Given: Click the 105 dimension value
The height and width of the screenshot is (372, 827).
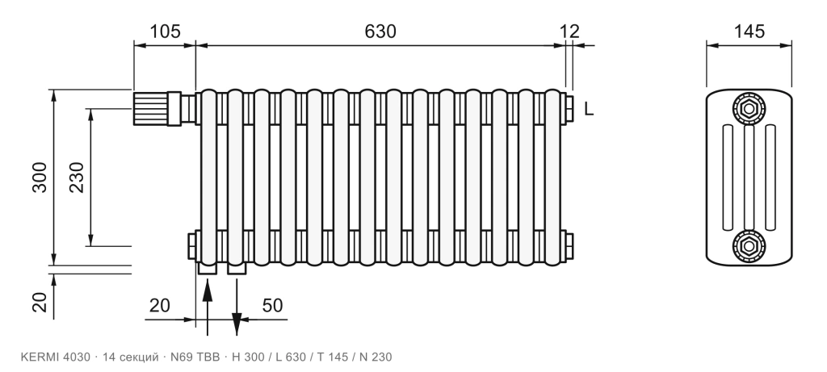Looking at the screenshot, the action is click(165, 31).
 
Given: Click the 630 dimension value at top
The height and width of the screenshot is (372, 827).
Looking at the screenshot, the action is click(380, 31).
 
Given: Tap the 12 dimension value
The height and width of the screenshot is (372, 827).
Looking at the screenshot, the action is click(569, 31).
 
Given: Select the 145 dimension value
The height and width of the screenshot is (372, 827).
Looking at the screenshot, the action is click(749, 31).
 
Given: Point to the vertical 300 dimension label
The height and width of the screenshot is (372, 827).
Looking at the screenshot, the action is click(40, 178).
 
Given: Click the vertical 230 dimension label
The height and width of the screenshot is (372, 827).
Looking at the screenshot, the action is click(77, 178).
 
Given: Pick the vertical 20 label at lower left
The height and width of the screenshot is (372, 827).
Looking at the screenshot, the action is click(40, 302).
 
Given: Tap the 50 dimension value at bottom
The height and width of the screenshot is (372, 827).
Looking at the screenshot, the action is click(272, 305).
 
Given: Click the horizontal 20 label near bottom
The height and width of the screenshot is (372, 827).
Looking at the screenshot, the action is click(160, 305).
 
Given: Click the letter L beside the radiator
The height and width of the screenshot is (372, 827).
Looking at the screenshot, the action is click(589, 109).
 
